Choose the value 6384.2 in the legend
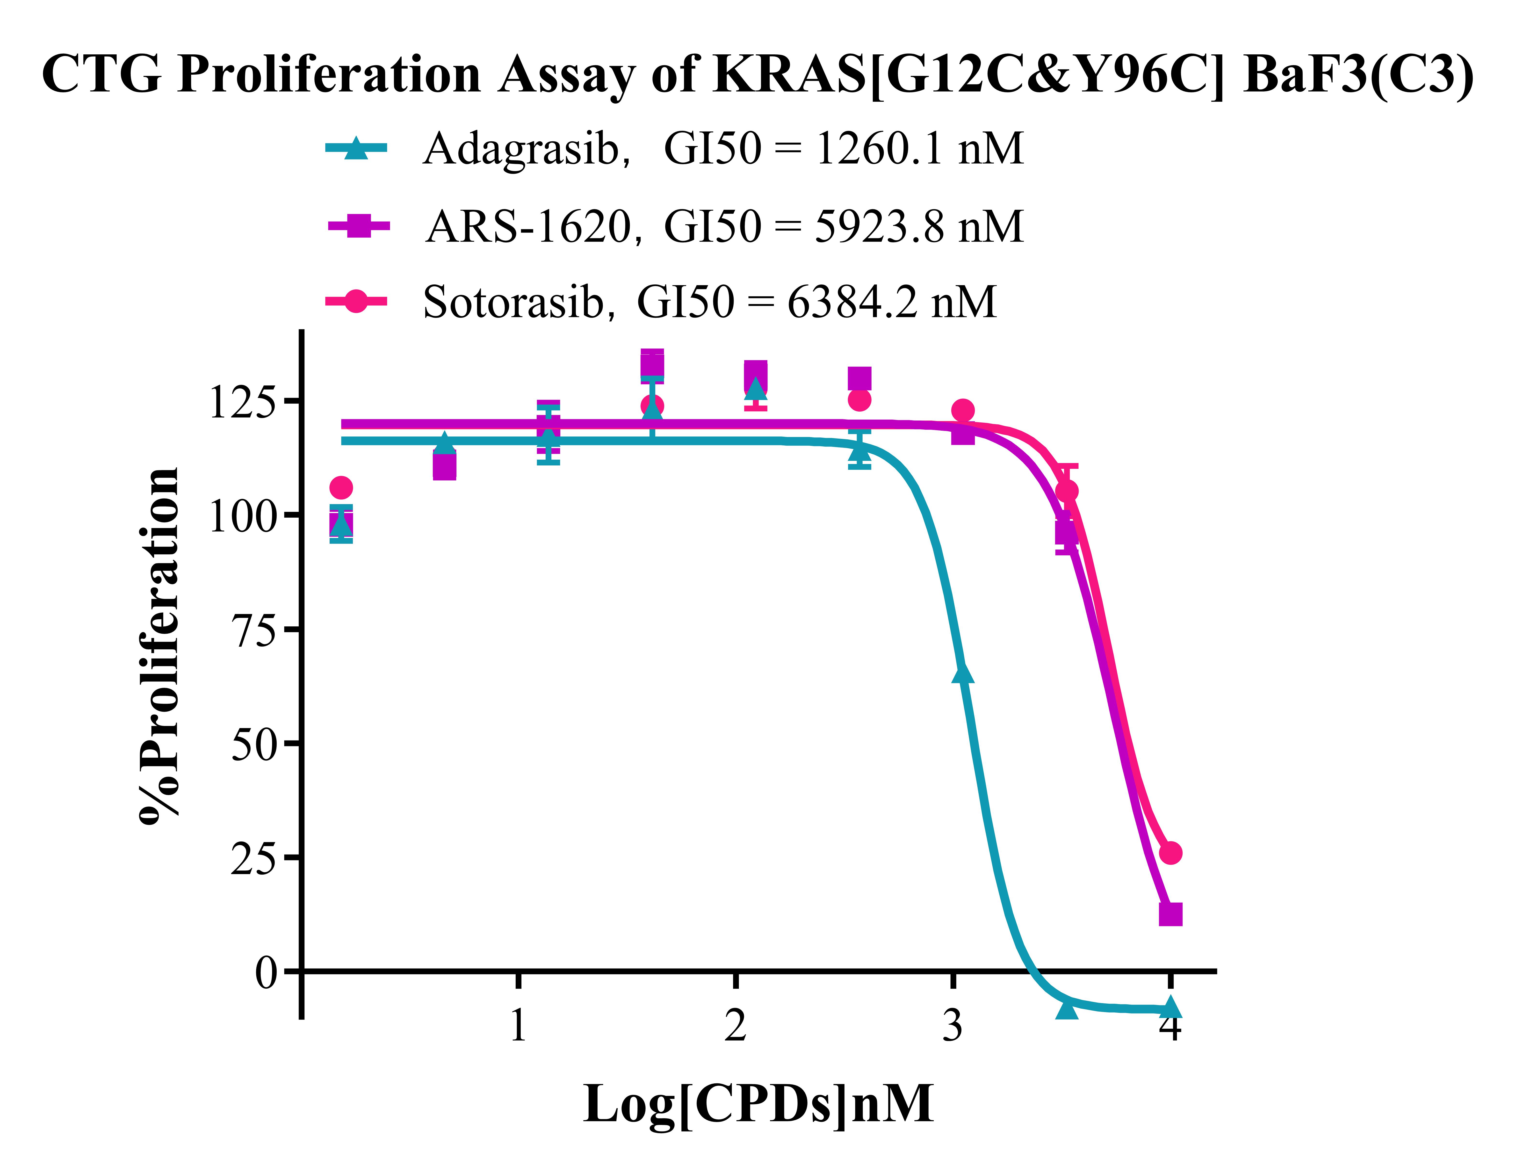(x=852, y=303)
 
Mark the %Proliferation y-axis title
(x=160, y=646)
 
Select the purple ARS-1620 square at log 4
(x=1170, y=914)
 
